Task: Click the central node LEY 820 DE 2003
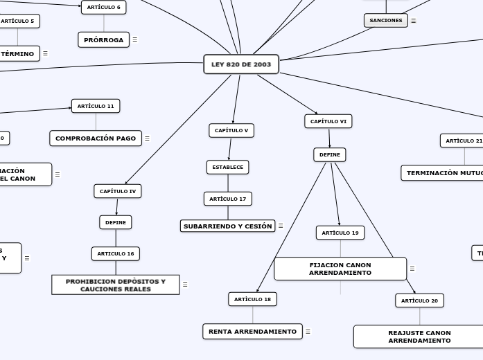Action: (241, 64)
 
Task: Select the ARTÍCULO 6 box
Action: (104, 8)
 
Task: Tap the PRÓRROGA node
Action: (104, 39)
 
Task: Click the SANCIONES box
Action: (385, 21)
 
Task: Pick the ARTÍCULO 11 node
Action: (96, 106)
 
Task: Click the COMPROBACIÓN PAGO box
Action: (96, 138)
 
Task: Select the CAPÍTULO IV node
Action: (118, 191)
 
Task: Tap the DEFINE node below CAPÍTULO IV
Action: (116, 222)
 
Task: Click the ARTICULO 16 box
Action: (116, 253)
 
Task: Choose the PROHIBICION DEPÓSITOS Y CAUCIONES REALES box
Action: (116, 285)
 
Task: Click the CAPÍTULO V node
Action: (231, 130)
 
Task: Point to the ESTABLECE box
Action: (227, 167)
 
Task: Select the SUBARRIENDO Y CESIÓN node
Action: (227, 226)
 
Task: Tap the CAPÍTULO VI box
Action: (328, 121)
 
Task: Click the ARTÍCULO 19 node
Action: (340, 233)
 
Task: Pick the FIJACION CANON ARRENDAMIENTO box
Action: (340, 269)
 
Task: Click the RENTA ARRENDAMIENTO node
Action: (252, 332)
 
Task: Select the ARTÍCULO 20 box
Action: (420, 300)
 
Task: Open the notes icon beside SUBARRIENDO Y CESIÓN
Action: (281, 226)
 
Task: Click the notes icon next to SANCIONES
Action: (414, 21)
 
